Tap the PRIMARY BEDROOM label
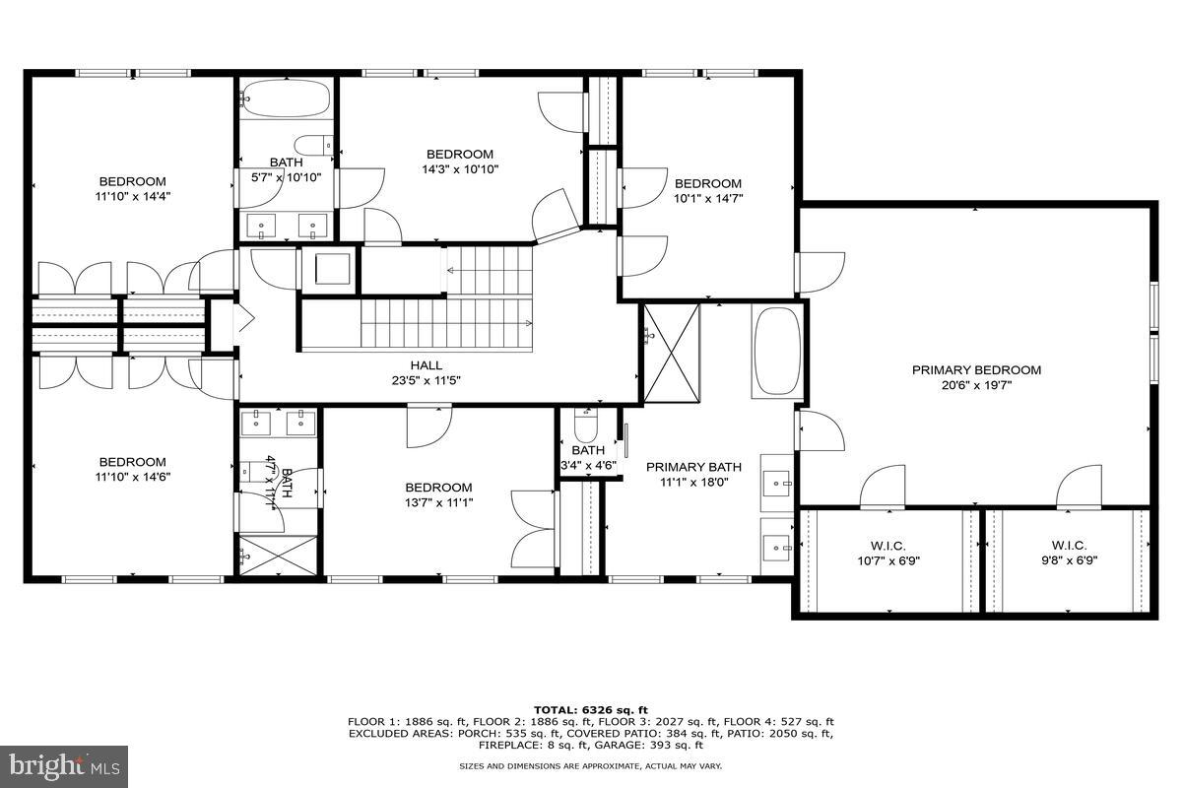(x=976, y=370)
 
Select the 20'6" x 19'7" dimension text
(x=976, y=385)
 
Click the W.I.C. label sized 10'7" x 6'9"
(x=887, y=546)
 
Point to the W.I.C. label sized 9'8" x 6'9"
(x=1065, y=546)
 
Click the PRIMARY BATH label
(x=693, y=467)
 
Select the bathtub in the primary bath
(x=778, y=352)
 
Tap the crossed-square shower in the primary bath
(x=671, y=353)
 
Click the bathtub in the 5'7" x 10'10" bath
(x=285, y=99)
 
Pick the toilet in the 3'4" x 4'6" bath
(x=586, y=427)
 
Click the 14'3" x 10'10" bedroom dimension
(x=459, y=169)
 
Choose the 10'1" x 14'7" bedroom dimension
(x=707, y=198)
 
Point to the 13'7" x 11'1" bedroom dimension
(x=438, y=502)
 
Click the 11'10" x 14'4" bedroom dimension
(x=132, y=196)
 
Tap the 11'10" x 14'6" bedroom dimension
(x=132, y=477)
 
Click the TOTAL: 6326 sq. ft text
(x=590, y=709)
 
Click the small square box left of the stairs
(x=329, y=269)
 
